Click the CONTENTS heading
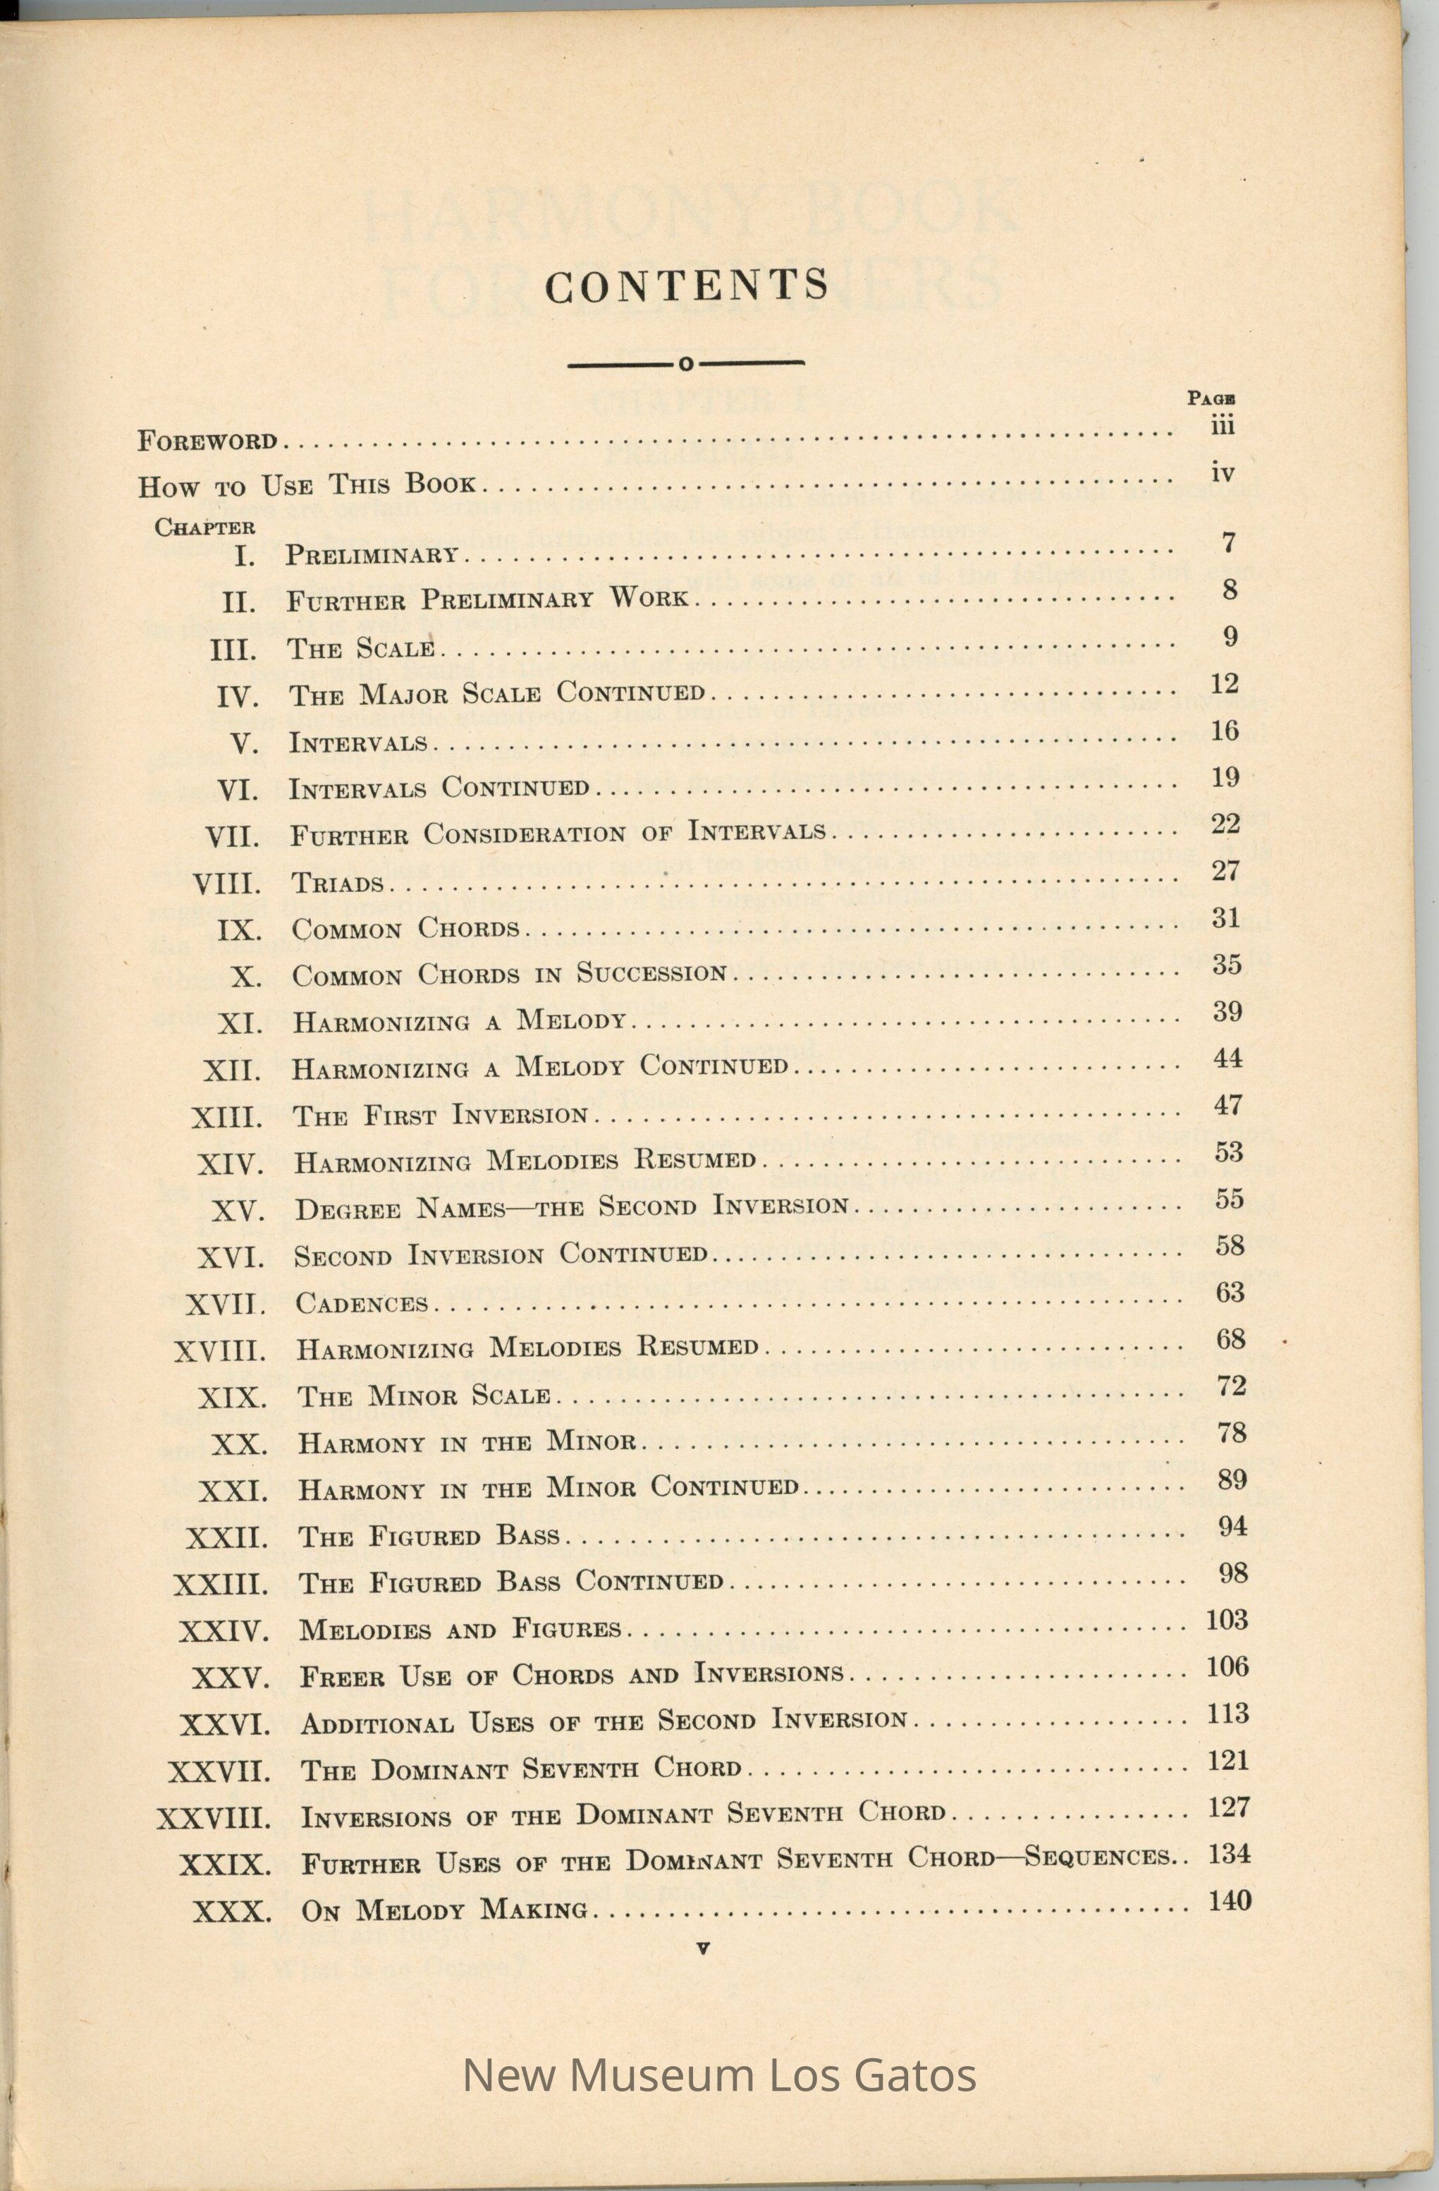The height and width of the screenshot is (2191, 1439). [x=687, y=286]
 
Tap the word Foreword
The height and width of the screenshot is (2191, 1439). [x=208, y=441]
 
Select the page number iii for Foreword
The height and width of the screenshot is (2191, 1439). [x=1222, y=425]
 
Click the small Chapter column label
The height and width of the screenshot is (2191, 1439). [x=204, y=527]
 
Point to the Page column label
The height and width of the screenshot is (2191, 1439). [x=1211, y=398]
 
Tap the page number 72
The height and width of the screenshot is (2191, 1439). [x=1231, y=1386]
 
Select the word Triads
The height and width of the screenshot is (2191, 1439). [x=337, y=884]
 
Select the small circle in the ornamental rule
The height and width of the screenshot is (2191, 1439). [x=686, y=365]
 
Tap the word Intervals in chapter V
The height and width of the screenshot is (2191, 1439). [x=358, y=742]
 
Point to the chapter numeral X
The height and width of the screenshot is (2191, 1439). [x=246, y=977]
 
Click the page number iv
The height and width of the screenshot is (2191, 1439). [x=1222, y=473]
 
